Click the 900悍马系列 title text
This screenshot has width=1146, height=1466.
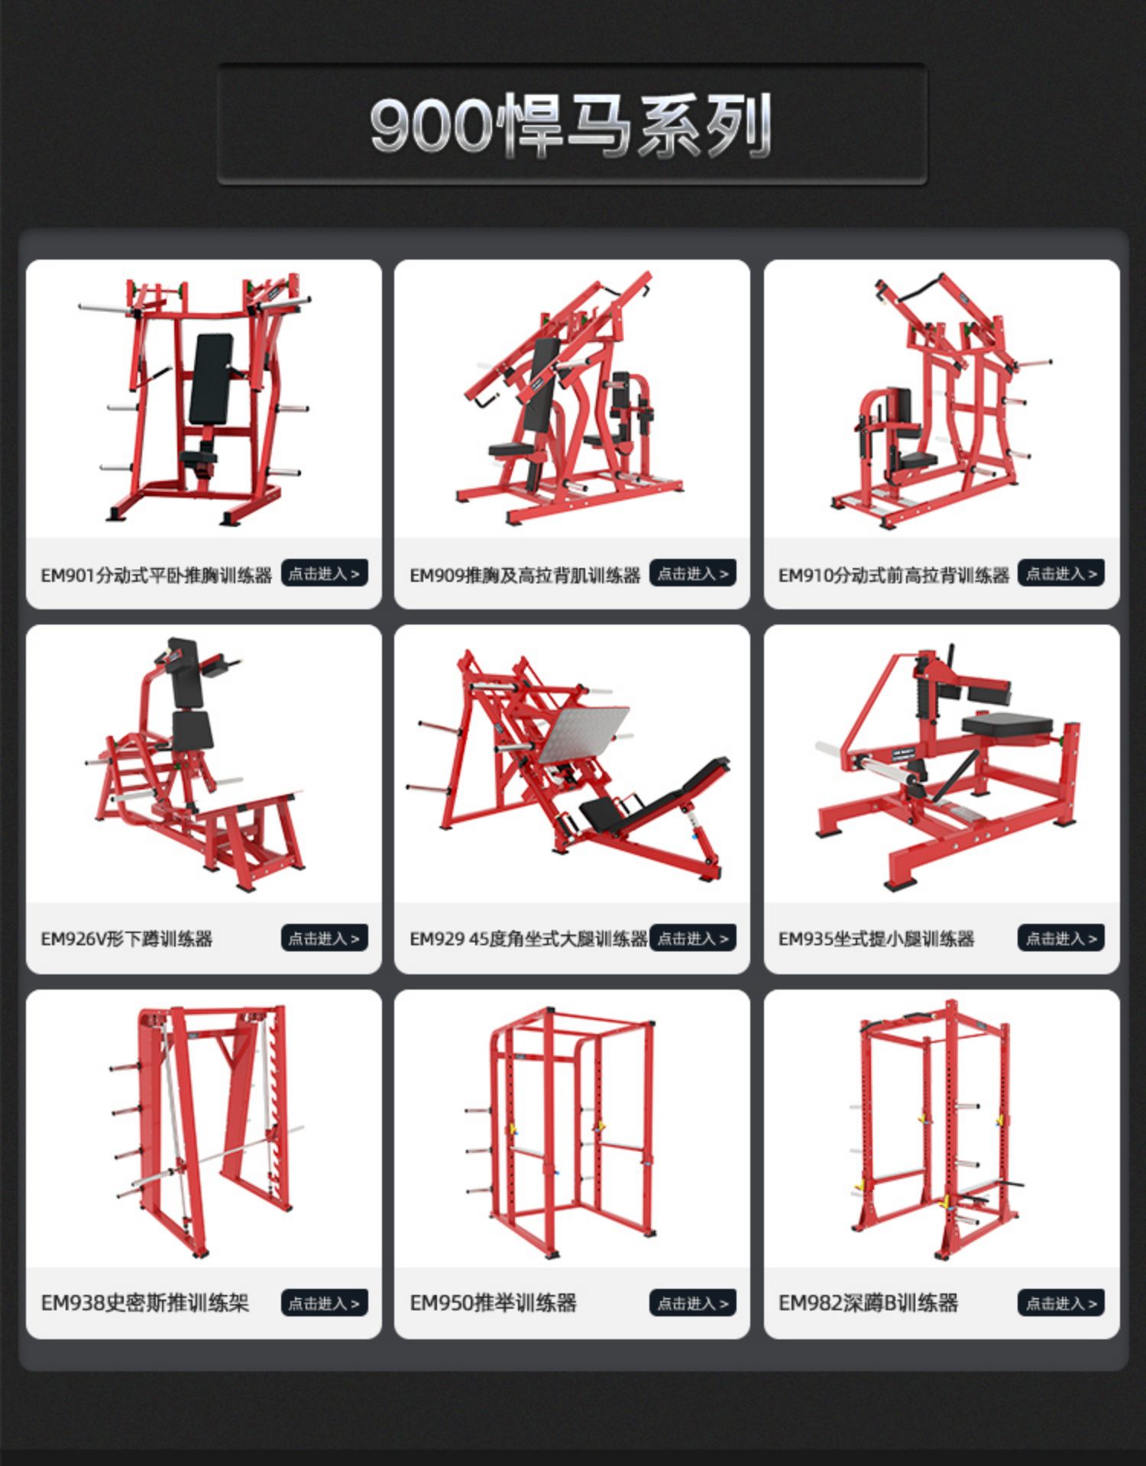point(571,125)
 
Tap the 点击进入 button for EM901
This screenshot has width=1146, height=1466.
point(324,573)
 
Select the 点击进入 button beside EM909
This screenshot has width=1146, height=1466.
point(693,573)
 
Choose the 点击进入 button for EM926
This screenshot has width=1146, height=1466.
point(324,938)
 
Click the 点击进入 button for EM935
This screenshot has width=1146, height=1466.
point(1061,938)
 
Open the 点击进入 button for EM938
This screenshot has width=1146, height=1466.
point(324,1303)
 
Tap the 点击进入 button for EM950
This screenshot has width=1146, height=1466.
point(693,1303)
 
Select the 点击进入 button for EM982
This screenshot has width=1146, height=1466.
point(1061,1303)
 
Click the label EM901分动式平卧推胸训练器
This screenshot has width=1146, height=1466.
point(157,576)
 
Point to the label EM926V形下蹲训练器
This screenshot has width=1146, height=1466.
point(127,939)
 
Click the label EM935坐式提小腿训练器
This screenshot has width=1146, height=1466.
point(876,939)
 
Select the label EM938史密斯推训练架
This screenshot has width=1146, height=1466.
point(145,1303)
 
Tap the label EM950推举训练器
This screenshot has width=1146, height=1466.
point(493,1303)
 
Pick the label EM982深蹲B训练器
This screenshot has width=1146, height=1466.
point(868,1303)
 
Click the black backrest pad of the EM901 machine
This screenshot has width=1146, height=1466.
point(211,379)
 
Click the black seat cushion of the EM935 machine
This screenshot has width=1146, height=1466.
point(1007,724)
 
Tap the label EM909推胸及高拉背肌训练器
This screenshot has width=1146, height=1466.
point(525,576)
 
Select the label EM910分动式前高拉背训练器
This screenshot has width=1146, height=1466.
point(894,576)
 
